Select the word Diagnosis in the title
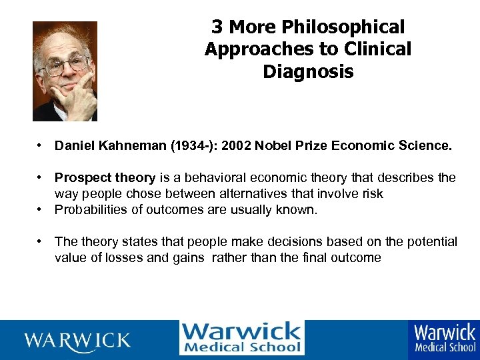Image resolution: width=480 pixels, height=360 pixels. pyautogui.click(x=308, y=71)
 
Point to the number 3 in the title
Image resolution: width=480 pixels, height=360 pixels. pyautogui.click(x=217, y=28)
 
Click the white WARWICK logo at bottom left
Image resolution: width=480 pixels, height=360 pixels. pyautogui.click(x=77, y=341)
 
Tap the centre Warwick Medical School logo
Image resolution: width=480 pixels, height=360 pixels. pyautogui.click(x=241, y=338)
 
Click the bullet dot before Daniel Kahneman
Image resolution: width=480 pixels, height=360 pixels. pyautogui.click(x=41, y=145)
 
